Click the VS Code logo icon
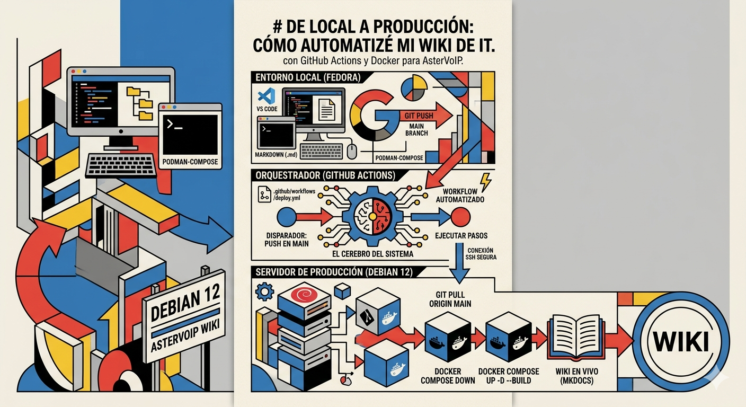pyautogui.click(x=267, y=96)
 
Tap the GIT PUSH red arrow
pyautogui.click(x=424, y=116)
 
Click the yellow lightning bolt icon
pyautogui.click(x=486, y=182)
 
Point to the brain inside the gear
pyautogui.click(x=372, y=217)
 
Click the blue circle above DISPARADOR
pyautogui.click(x=287, y=217)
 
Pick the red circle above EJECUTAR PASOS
pyautogui.click(x=460, y=217)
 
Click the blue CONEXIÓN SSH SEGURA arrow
pyautogui.click(x=459, y=263)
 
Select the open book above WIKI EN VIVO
pyautogui.click(x=576, y=338)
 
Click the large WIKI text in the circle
pyautogui.click(x=681, y=342)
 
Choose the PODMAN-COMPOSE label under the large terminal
pyautogui.click(x=190, y=162)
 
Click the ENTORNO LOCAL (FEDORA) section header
pyautogui.click(x=308, y=77)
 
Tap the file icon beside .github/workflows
pyautogui.click(x=264, y=194)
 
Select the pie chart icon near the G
pyautogui.click(x=414, y=87)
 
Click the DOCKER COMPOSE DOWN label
pyautogui.click(x=448, y=376)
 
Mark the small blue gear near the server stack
pyautogui.click(x=264, y=292)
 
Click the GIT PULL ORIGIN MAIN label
pyautogui.click(x=450, y=299)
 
